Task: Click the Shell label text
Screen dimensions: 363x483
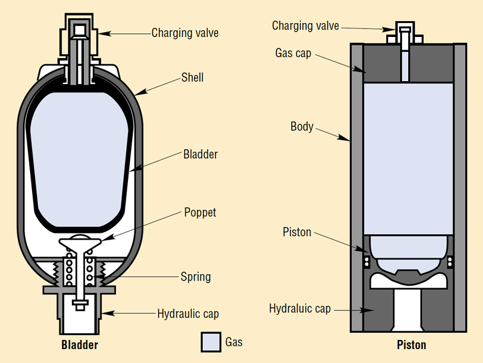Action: pyautogui.click(x=193, y=78)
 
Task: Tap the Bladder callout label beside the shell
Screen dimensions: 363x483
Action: pyautogui.click(x=200, y=154)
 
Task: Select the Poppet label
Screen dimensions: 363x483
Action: pyautogui.click(x=200, y=213)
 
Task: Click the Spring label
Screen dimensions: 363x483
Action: pyautogui.click(x=196, y=277)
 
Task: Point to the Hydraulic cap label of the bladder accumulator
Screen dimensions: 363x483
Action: pyautogui.click(x=188, y=314)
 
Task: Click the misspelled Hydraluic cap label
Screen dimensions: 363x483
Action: pyautogui.click(x=300, y=309)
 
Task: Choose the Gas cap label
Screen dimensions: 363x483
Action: pyautogui.click(x=293, y=53)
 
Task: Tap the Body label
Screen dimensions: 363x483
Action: pyautogui.click(x=302, y=127)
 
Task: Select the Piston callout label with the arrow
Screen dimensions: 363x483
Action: pyautogui.click(x=297, y=232)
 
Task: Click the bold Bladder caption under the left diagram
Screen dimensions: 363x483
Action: pyautogui.click(x=80, y=345)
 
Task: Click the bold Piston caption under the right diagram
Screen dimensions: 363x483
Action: pyautogui.click(x=411, y=345)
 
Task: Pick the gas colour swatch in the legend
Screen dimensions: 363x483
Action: pyautogui.click(x=211, y=342)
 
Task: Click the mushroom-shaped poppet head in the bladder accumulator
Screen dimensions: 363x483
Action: pyautogui.click(x=79, y=243)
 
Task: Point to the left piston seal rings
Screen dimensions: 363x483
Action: pyautogui.click(x=366, y=261)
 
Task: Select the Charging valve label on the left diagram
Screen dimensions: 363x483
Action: pyautogui.click(x=185, y=33)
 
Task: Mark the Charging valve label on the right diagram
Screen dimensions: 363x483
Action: pyautogui.click(x=305, y=25)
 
